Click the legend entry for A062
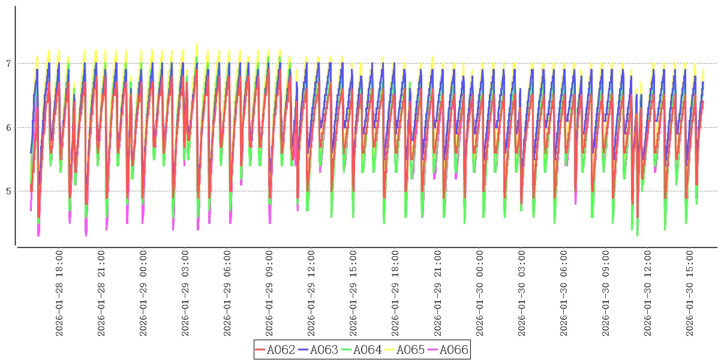[x=281, y=350]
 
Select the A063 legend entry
[x=324, y=350]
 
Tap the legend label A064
[x=367, y=350]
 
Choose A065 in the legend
[x=410, y=350]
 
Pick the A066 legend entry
[x=453, y=350]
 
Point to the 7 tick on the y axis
[x=8, y=64]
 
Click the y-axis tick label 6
[x=8, y=127]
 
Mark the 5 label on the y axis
[x=8, y=191]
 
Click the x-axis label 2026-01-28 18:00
[x=59, y=293]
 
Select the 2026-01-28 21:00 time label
[x=101, y=293]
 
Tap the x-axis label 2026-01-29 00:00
[x=143, y=293]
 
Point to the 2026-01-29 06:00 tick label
[x=227, y=293]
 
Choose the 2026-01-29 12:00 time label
[x=311, y=293]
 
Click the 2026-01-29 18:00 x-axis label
[x=395, y=293]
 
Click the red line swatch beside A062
[x=260, y=350]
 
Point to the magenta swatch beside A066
[x=432, y=350]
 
